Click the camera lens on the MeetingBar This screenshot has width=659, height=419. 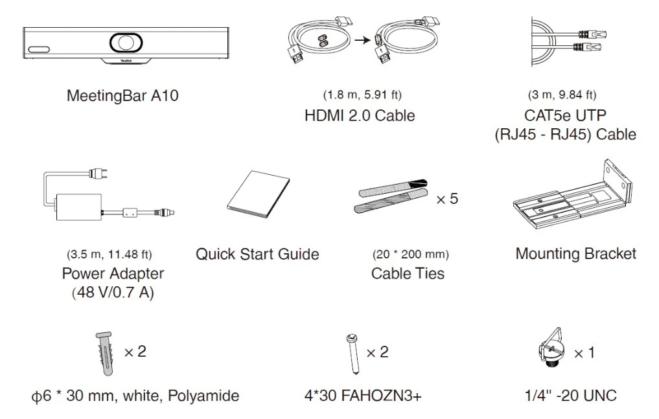point(126,42)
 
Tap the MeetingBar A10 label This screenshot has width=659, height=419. point(122,96)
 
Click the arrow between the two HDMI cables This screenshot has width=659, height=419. point(362,40)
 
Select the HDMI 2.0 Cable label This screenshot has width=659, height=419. point(360,115)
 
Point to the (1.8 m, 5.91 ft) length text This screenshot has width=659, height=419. point(362,95)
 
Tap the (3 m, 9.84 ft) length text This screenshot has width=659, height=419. point(562,95)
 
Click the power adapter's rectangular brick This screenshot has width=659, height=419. point(78,207)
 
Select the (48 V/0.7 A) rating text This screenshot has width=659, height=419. point(113,293)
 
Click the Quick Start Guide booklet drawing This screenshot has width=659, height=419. point(258,194)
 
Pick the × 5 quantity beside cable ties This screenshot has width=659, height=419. point(447,199)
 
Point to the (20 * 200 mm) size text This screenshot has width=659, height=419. point(411,255)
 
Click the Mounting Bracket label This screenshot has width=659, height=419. point(576,254)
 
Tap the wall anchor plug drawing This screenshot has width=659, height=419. point(104,354)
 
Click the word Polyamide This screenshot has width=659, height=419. point(203,396)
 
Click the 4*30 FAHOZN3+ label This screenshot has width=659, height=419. point(363,396)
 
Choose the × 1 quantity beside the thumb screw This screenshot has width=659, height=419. point(584,353)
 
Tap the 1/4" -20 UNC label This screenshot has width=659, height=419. point(571,396)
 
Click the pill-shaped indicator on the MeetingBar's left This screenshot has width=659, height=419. point(39,49)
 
